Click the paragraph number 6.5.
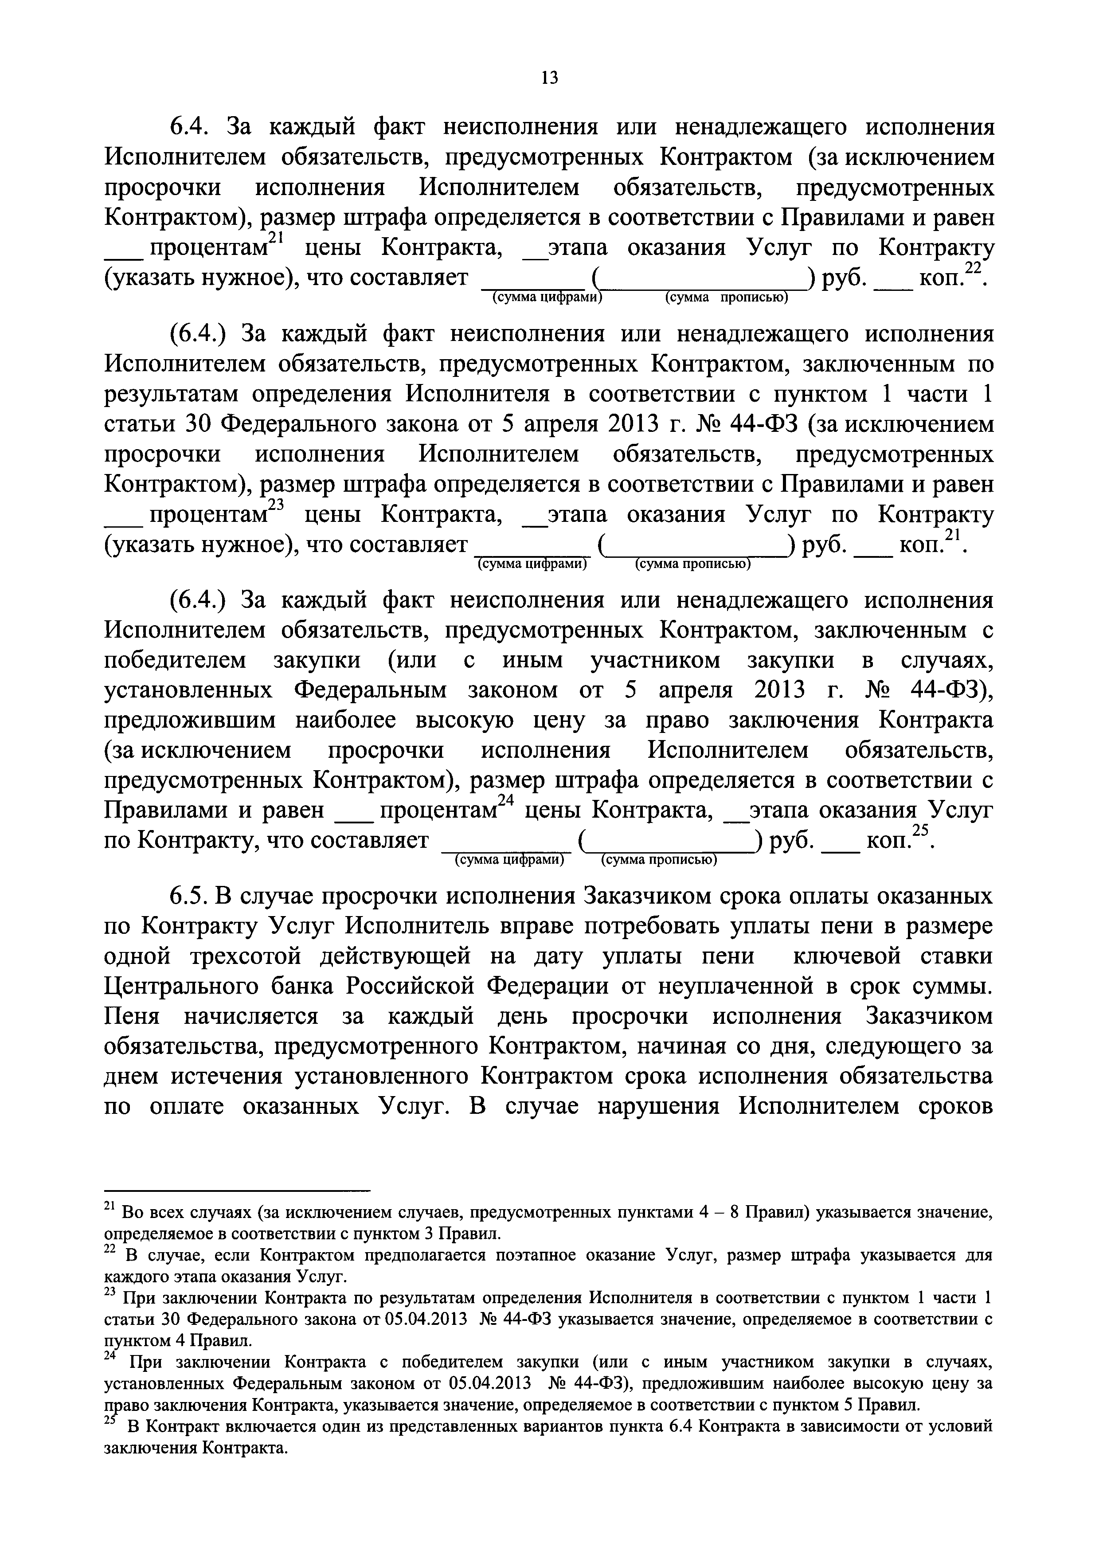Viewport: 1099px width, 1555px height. click(x=187, y=897)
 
